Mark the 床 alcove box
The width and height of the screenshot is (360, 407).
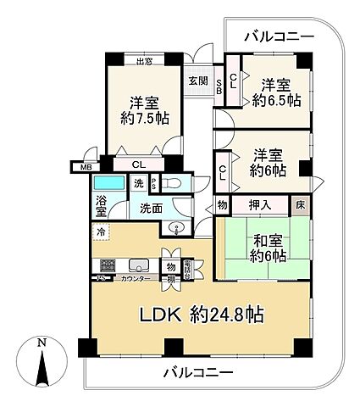click(x=301, y=204)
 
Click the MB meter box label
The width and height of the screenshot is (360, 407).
click(x=85, y=167)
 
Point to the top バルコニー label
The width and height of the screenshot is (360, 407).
click(x=279, y=36)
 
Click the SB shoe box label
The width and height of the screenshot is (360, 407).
click(x=218, y=85)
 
